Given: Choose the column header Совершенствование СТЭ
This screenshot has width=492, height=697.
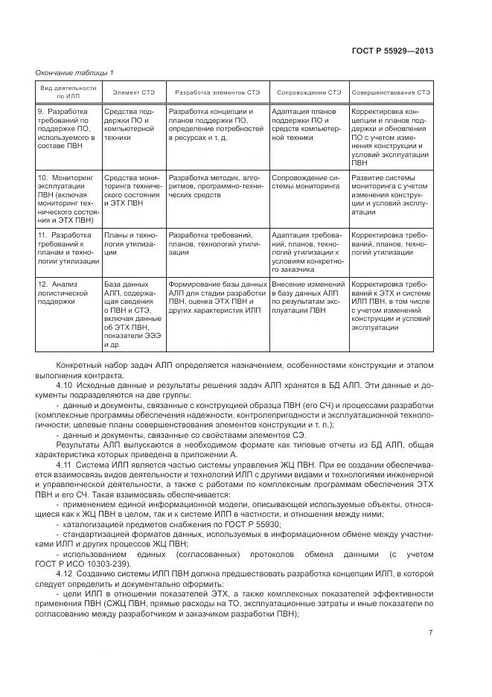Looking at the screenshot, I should tap(390, 92).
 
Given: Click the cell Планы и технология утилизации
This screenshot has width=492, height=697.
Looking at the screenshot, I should tap(132, 244).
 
